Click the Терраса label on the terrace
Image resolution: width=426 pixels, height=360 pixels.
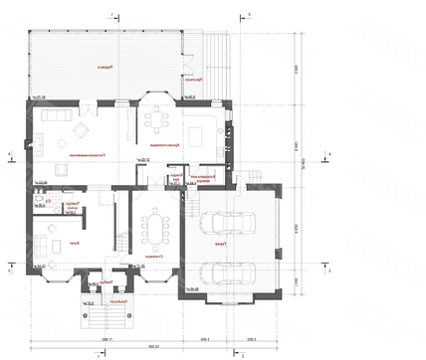[x=103, y=67]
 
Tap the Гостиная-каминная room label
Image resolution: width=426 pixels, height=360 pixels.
[x=75, y=156]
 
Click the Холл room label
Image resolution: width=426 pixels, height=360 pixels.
[x=73, y=243]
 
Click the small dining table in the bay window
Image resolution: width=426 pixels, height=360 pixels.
[x=156, y=117]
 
